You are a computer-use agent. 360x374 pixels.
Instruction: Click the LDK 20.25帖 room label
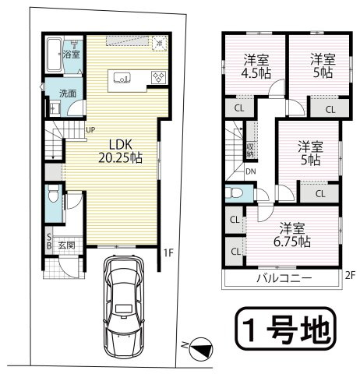coord(118,150)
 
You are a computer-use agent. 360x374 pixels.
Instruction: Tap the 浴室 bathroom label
coord(70,55)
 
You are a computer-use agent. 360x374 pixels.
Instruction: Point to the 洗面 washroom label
coord(68,93)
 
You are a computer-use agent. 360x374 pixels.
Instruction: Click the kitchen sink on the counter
coord(122,77)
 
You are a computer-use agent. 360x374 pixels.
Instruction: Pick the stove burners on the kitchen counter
coord(157,76)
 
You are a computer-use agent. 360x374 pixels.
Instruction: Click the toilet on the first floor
coord(51,193)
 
